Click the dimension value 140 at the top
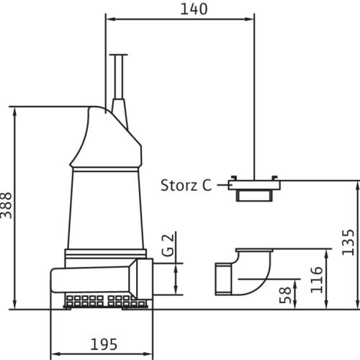click(194, 9)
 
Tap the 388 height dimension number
click(6, 205)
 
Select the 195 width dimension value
click(104, 344)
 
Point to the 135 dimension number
click(348, 243)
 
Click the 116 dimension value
click(317, 280)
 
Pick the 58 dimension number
click(285, 295)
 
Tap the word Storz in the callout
click(179, 185)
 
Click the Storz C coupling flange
click(254, 185)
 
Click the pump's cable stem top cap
click(119, 55)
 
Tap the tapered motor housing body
click(106, 209)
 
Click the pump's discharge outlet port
click(145, 279)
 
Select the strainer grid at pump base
click(106, 302)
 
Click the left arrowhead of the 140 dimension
click(109, 19)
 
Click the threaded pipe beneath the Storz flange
click(254, 196)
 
